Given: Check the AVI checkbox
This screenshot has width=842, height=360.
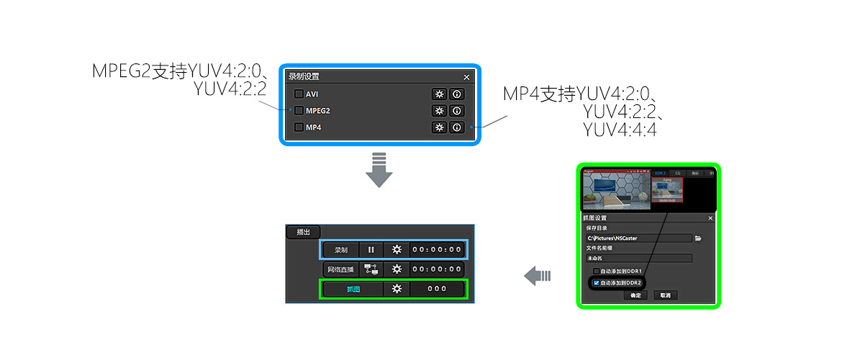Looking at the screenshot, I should (299, 94).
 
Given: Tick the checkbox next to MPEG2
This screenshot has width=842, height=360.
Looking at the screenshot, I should (299, 111).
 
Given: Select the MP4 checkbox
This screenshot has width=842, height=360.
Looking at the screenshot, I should (299, 127).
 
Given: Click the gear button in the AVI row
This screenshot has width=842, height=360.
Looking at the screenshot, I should (438, 94).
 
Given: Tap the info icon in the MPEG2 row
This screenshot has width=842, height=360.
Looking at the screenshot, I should (456, 111).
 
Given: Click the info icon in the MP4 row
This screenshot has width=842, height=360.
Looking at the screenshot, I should (456, 127).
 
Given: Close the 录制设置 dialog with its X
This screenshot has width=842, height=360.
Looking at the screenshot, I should (466, 77).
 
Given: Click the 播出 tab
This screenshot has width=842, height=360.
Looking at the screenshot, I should (303, 233).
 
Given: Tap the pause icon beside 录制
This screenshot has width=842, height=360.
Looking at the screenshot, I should (371, 250).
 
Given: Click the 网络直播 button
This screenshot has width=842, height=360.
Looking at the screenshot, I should (340, 269).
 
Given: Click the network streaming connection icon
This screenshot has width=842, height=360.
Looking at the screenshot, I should (371, 269).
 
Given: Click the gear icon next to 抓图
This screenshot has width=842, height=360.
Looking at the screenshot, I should (396, 289).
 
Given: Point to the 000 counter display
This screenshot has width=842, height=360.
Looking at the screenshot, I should (438, 289).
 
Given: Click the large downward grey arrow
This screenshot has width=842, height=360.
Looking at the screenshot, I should (379, 170).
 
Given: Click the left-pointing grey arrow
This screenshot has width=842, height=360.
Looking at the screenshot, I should (537, 275).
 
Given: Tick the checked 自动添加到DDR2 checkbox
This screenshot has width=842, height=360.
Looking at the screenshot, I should (596, 283).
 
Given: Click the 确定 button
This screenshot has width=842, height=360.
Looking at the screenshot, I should (635, 295).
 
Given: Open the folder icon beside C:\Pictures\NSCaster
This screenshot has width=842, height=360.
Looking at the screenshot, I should (698, 238).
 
